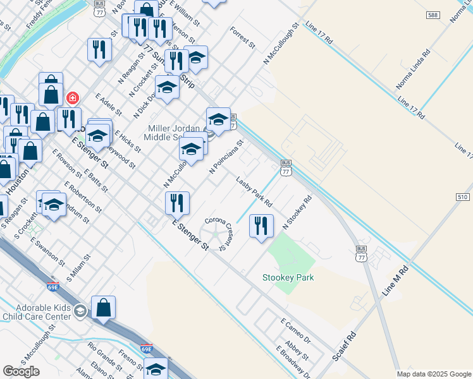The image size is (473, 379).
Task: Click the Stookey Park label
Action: pyautogui.click(x=288, y=277)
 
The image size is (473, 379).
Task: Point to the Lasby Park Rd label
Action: pyautogui.click(x=254, y=192)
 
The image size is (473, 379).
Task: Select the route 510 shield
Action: pyautogui.click(x=462, y=197)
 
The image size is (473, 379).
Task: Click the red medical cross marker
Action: pyautogui.click(x=73, y=99)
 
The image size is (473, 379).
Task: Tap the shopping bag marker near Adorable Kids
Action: pyautogui.click(x=103, y=308)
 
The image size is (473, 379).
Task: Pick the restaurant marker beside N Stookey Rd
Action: pyautogui.click(x=261, y=226)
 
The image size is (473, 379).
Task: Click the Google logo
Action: pyautogui.click(x=21, y=371)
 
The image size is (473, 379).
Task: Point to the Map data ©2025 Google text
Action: pyautogui.click(x=434, y=374)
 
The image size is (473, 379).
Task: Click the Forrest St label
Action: pyautogui.click(x=242, y=38)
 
